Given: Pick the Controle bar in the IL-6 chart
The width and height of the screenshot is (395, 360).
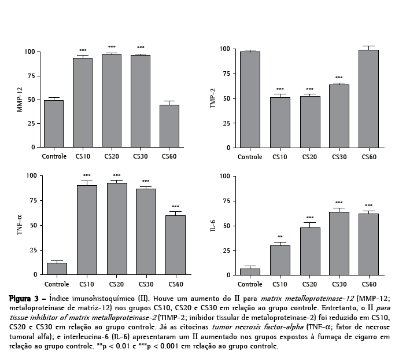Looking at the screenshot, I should coord(250,271).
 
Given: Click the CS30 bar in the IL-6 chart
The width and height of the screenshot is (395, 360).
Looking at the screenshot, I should coord(339,243).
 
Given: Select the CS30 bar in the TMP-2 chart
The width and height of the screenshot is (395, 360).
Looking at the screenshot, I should coord(339,116).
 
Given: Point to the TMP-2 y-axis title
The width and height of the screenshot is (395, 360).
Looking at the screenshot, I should coord(213,99).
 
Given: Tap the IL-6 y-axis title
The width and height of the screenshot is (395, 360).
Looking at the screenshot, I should coord(213,226).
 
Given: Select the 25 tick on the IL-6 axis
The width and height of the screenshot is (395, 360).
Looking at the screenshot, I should coord(227,250).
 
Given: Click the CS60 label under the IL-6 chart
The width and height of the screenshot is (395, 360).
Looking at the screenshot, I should coord(369,284).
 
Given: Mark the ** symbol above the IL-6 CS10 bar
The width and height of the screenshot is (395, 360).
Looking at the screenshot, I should coord(279,237).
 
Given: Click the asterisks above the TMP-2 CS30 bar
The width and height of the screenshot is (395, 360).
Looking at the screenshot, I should coord(339,78).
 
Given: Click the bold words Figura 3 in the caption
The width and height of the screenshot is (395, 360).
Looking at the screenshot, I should coord(25,298).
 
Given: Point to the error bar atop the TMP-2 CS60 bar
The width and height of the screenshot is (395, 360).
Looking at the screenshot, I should coord(369,47).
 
